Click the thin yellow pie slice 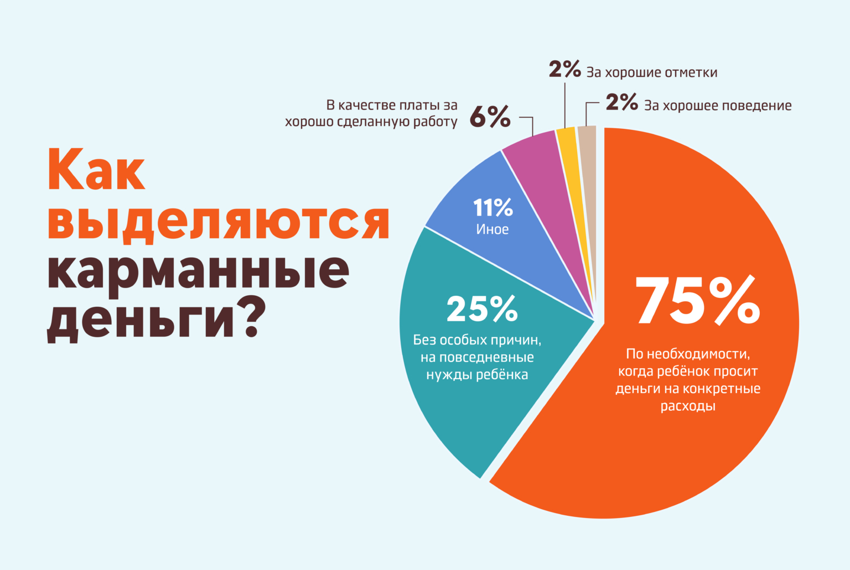[x=570, y=160]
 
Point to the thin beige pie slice [x=588, y=160]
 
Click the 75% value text [x=697, y=301]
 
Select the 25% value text [x=482, y=309]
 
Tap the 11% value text [x=493, y=208]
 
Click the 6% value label [x=490, y=117]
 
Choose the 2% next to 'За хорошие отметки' [x=564, y=70]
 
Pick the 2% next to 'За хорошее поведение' [x=621, y=102]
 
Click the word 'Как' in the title [x=97, y=169]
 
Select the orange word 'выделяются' [x=219, y=223]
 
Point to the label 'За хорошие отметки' [x=652, y=72]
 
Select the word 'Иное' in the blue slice [x=492, y=229]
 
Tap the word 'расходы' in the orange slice [x=688, y=406]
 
